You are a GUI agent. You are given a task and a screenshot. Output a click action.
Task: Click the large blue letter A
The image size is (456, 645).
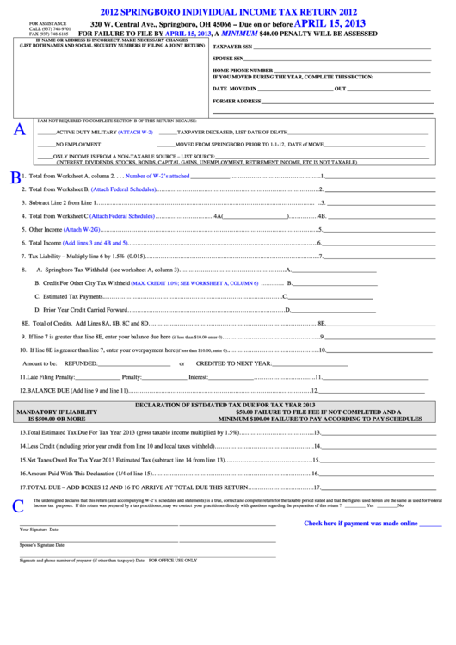[x=20, y=131]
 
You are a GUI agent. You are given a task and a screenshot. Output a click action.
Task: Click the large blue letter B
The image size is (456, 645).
[x=15, y=177]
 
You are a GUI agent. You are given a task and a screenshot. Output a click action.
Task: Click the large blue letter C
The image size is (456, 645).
[x=19, y=506]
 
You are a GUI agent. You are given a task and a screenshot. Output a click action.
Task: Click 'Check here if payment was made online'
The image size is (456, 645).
[x=373, y=523]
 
